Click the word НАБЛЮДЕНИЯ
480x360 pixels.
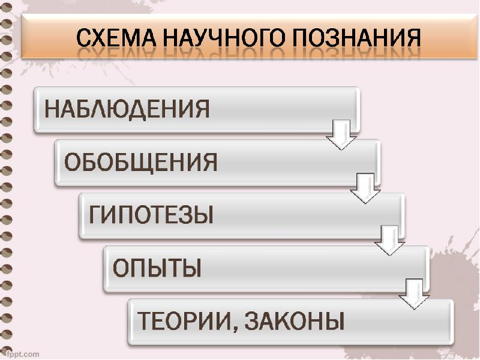(128, 110)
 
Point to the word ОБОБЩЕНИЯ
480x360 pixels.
(140, 162)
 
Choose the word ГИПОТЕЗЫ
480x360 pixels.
(152, 215)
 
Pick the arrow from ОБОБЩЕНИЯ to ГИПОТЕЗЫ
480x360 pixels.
(365, 187)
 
